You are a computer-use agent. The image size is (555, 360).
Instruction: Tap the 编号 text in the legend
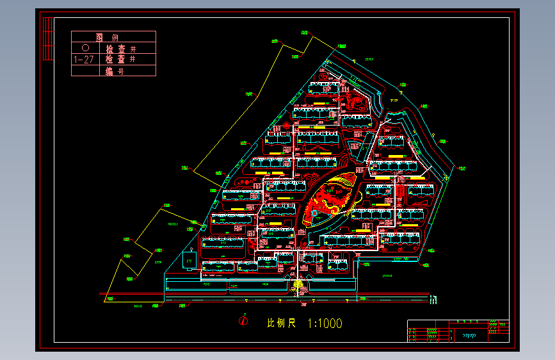pyautogui.click(x=115, y=71)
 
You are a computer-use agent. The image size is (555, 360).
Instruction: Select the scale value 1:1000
pyautogui.click(x=325, y=323)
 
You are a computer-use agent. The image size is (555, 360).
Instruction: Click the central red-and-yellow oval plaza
pyautogui.click(x=330, y=199)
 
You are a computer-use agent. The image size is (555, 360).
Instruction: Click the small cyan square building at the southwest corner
pyautogui.click(x=188, y=260)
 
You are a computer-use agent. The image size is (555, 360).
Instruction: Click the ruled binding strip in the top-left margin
pyautogui.click(x=47, y=38)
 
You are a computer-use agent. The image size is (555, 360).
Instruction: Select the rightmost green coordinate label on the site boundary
pyautogui.click(x=462, y=167)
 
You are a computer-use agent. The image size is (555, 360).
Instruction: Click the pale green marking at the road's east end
pyautogui.click(x=435, y=299)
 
